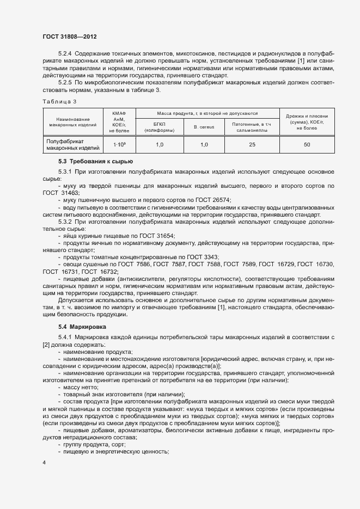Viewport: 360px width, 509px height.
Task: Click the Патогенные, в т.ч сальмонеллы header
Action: [x=251, y=127]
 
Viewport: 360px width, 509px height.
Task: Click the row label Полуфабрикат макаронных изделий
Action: [x=72, y=144]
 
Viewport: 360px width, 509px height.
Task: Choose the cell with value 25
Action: [x=252, y=145]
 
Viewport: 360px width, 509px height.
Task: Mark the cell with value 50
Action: [x=307, y=145]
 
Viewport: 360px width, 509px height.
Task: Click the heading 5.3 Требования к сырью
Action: [x=96, y=162]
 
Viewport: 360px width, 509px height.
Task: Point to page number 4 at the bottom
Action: [x=44, y=462]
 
